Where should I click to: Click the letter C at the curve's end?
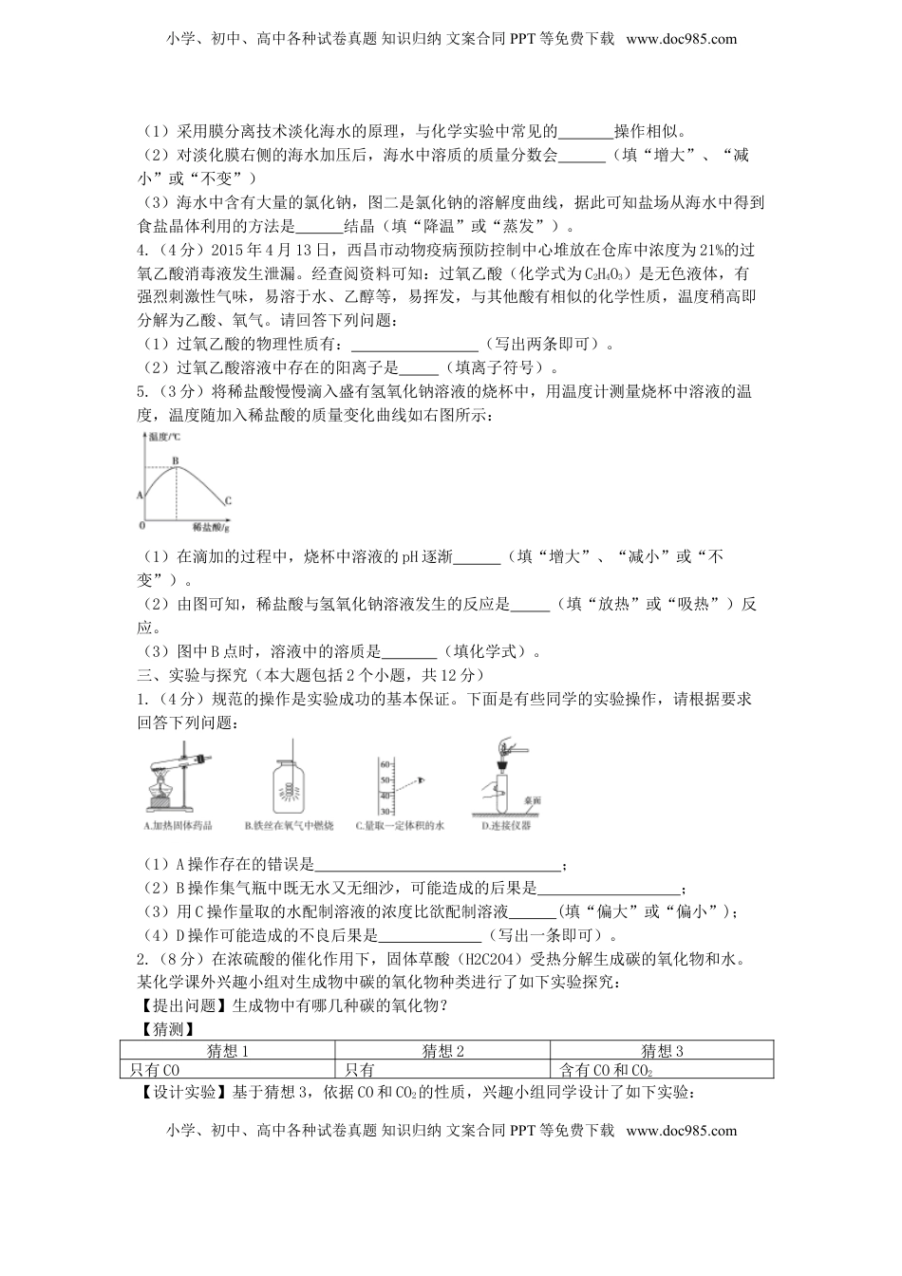tap(228, 500)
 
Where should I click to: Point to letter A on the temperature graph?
tap(141, 495)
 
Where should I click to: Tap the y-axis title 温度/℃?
tap(167, 436)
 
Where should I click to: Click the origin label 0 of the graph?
tap(142, 525)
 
